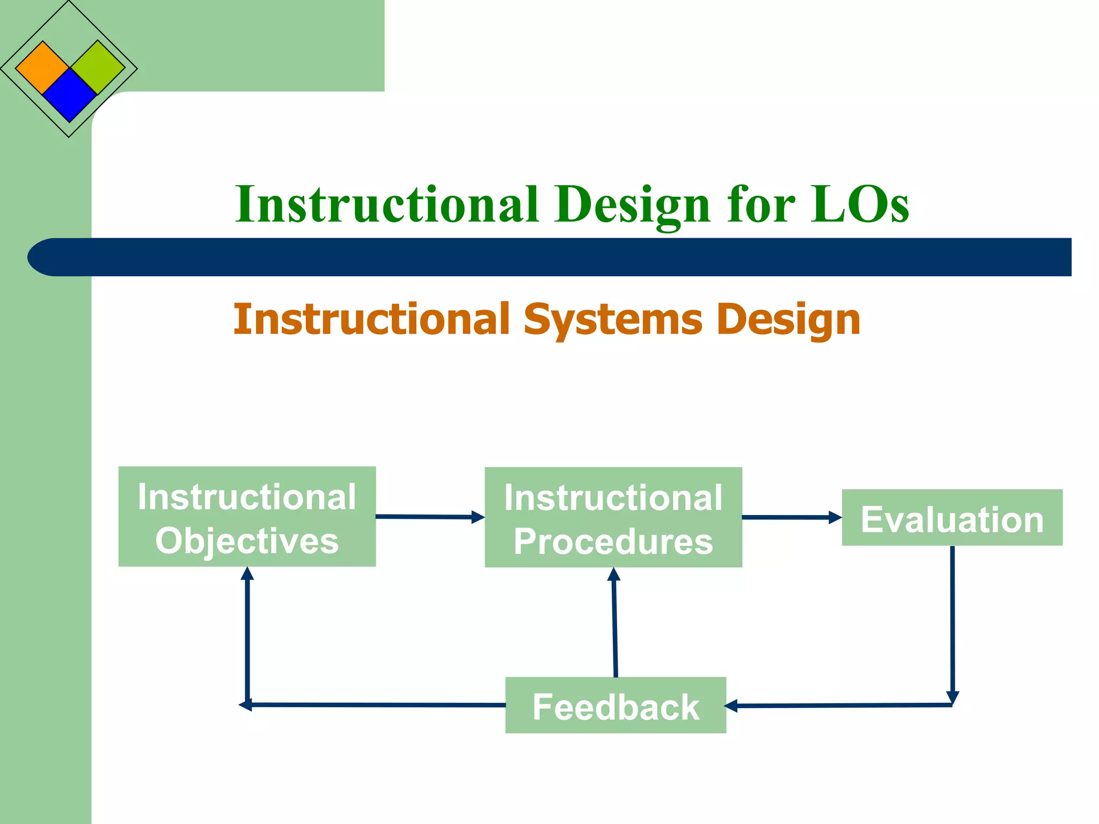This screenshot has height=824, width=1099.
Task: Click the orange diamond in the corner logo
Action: tap(42, 68)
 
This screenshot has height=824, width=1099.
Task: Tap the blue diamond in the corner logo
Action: tap(69, 95)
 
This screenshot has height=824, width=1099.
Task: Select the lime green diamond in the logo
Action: tap(98, 67)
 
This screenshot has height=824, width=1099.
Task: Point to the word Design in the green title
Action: tap(633, 205)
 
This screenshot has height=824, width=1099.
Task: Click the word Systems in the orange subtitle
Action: tap(613, 320)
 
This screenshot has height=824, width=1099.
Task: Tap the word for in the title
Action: tap(761, 204)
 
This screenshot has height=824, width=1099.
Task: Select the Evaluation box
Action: tap(951, 518)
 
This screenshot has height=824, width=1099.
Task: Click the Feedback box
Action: tap(616, 705)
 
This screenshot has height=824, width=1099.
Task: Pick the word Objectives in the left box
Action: tap(247, 541)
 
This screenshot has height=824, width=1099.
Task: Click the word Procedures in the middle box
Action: tap(613, 542)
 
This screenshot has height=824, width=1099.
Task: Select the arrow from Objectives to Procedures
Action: tap(429, 517)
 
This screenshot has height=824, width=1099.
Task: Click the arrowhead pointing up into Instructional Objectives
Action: tap(247, 574)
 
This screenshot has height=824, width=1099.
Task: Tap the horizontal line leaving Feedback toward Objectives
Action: tap(376, 705)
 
